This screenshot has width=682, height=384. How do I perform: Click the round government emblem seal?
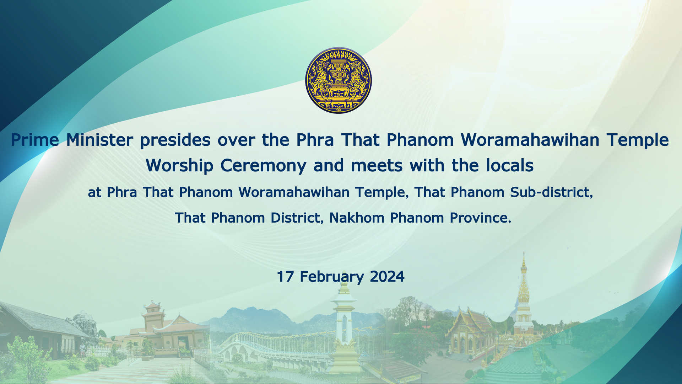tap(338, 80)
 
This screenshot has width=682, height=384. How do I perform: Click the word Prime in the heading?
tap(35, 140)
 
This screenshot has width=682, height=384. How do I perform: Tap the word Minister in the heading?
tap(100, 140)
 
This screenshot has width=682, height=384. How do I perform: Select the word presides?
tap(175, 140)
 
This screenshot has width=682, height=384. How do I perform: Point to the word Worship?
tap(179, 166)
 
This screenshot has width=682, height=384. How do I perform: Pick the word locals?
tap(510, 165)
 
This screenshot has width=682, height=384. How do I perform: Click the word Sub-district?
tap(552, 192)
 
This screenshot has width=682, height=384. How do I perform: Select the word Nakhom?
tap(357, 218)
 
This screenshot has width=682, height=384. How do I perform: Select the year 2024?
tap(387, 277)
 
